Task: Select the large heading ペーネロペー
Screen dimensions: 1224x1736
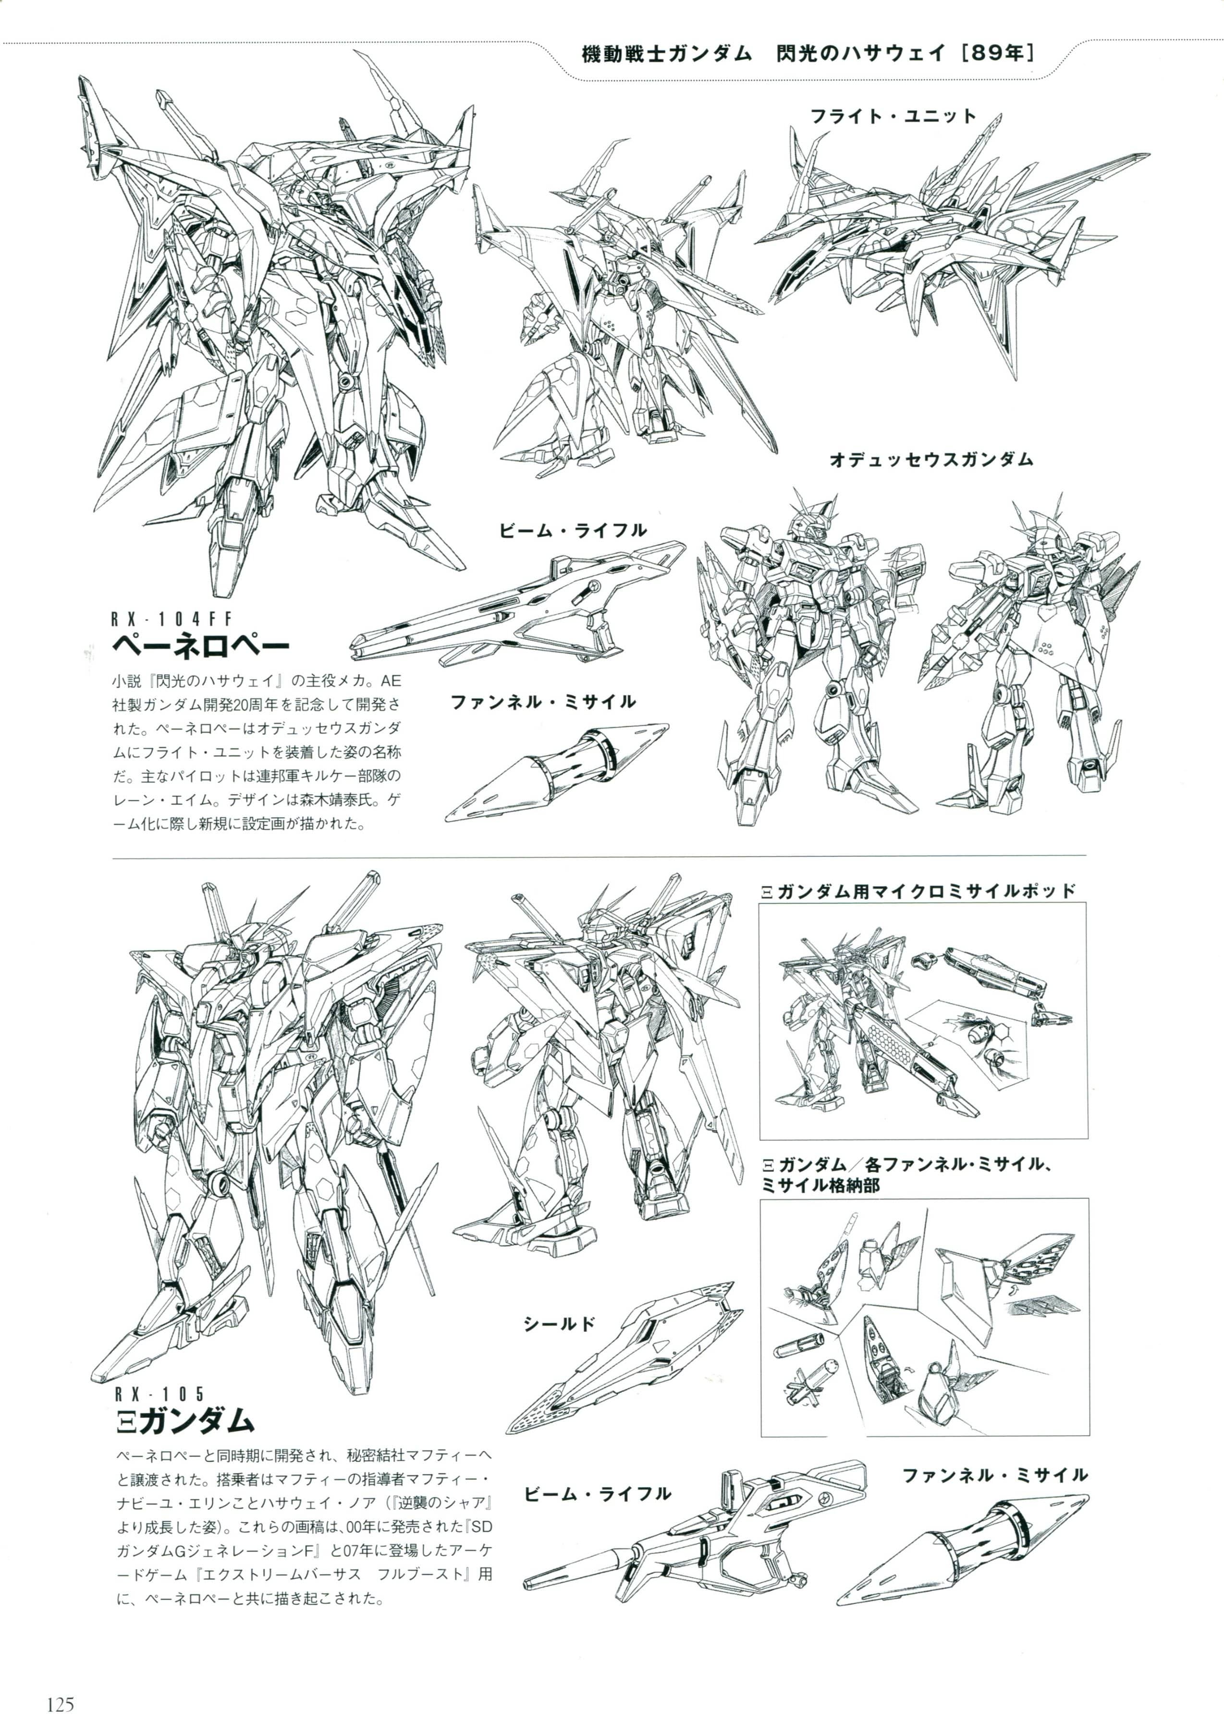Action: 200,647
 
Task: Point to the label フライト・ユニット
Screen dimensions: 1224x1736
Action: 893,116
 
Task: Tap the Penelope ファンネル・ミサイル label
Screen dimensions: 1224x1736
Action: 543,702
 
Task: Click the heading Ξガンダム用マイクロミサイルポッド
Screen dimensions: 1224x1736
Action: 918,891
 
